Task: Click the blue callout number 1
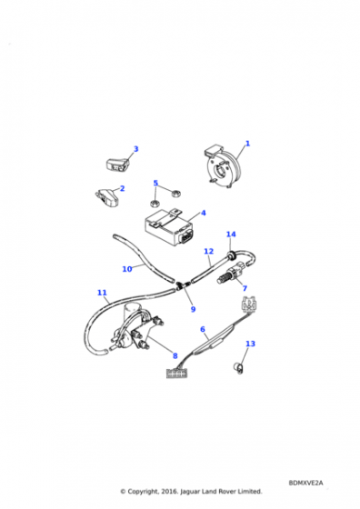coord(247,144)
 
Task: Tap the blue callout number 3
coord(136,149)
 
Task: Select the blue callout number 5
coord(155,183)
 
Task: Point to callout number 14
coord(231,235)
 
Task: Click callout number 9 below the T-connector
coord(193,309)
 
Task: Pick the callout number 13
coord(250,344)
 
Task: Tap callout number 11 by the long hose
coord(102,293)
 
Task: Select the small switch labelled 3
coord(116,164)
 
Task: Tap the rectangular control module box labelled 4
coord(169,227)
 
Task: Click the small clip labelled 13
coord(238,368)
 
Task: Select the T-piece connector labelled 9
coord(184,285)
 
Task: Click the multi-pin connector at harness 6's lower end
coord(176,374)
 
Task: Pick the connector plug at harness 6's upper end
coord(249,304)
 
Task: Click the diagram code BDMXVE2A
coord(305,483)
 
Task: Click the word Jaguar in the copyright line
coord(190,492)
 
